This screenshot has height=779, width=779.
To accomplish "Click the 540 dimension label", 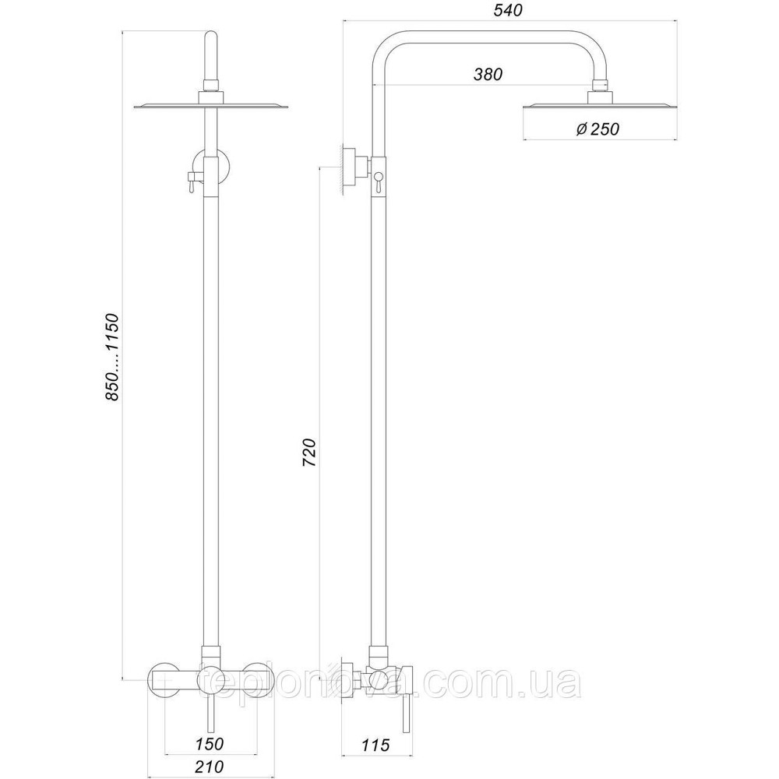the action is [x=508, y=10].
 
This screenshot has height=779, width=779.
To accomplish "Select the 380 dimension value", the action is [x=488, y=75].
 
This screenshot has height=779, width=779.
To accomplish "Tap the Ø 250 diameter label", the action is [x=597, y=129].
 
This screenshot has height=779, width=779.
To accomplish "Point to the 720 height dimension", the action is [x=309, y=452].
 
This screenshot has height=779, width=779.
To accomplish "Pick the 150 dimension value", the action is [x=209, y=744].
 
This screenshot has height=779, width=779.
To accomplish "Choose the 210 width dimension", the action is [x=209, y=767].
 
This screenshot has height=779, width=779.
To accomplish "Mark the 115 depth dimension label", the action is [x=375, y=745].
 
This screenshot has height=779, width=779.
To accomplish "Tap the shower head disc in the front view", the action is [x=210, y=106].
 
